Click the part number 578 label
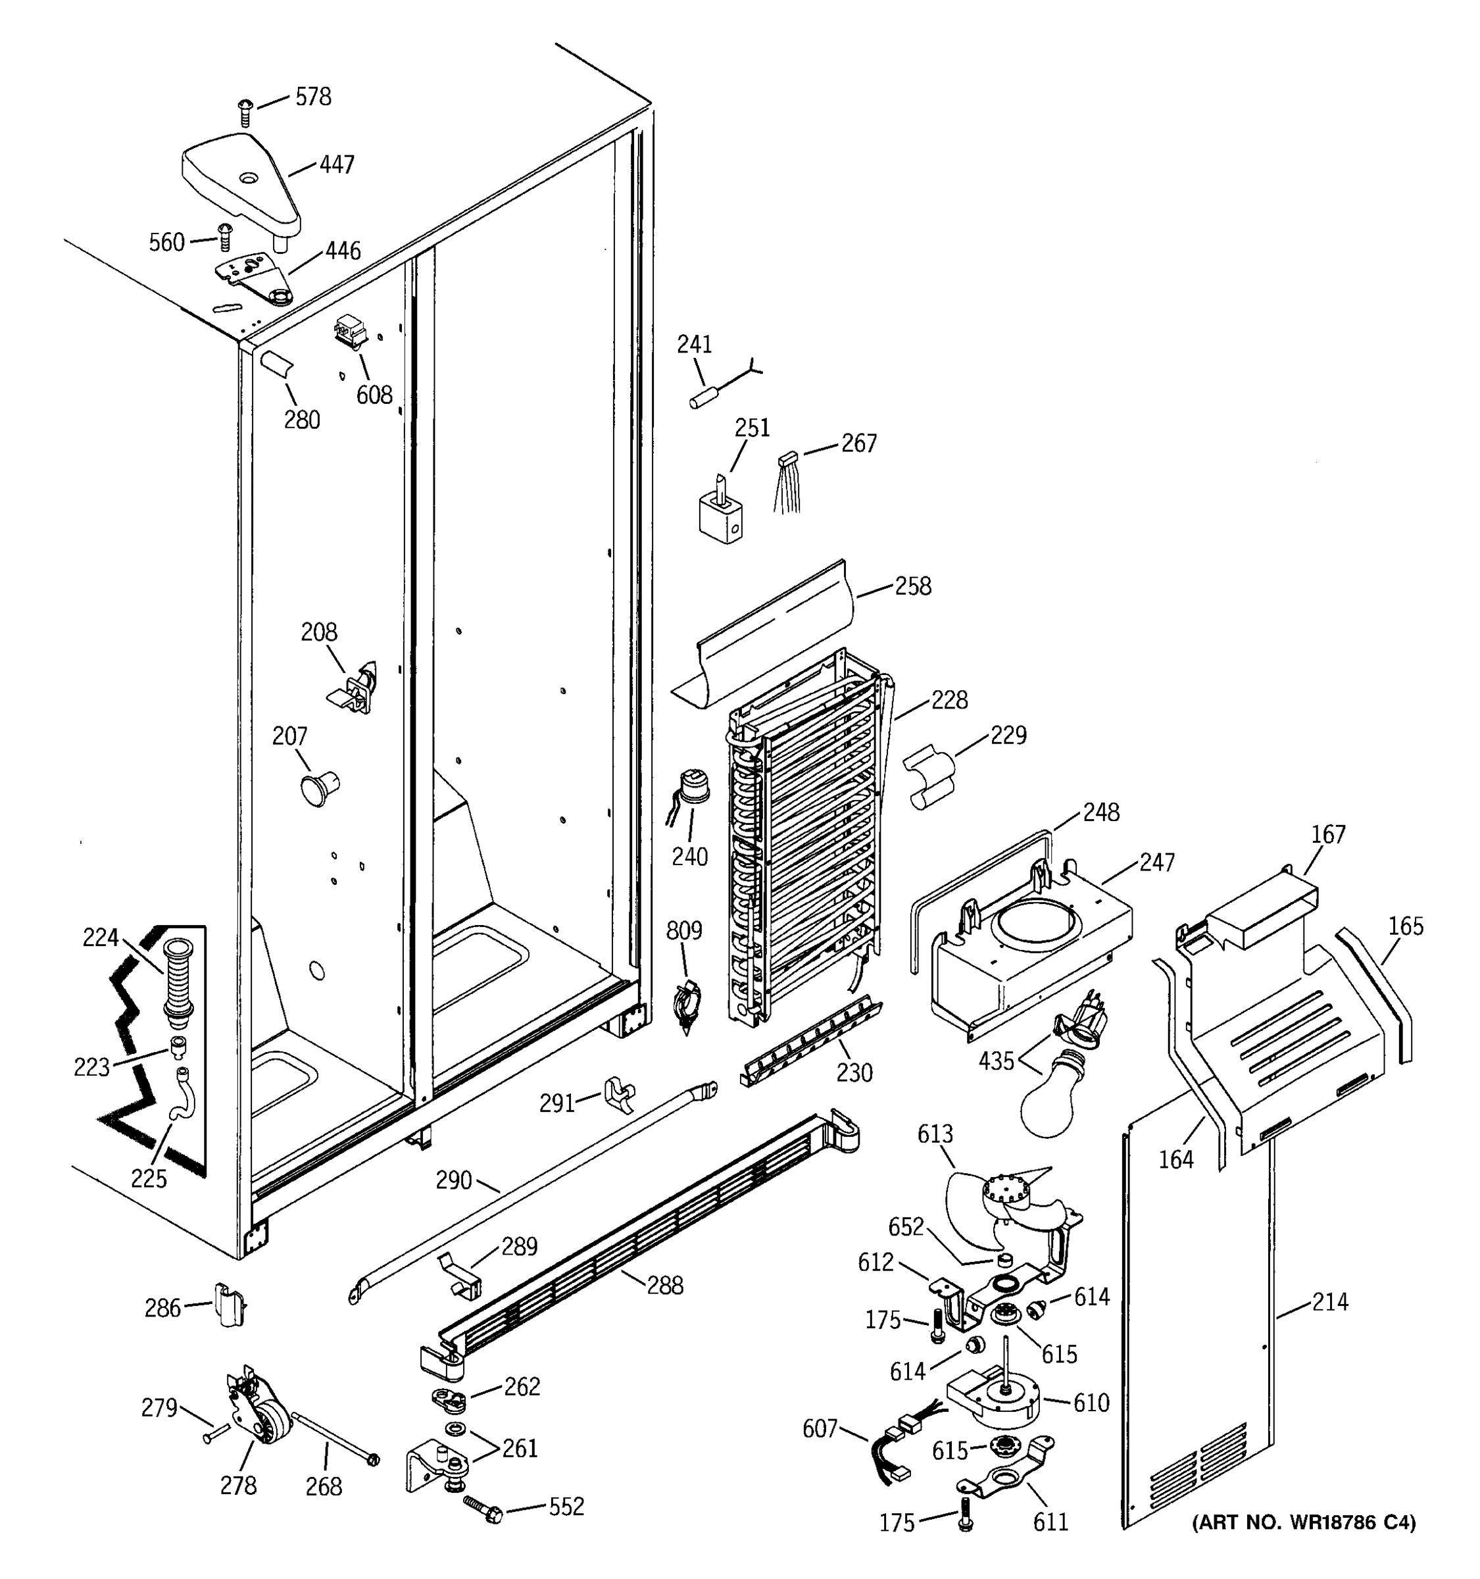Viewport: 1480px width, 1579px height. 313,97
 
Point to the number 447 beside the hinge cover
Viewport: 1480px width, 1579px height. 337,165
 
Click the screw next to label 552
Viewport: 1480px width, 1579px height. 480,1507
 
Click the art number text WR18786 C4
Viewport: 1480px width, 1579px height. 1304,1522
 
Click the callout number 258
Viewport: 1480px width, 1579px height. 912,586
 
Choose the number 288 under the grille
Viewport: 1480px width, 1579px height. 664,1285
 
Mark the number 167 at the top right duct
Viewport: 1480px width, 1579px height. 1327,835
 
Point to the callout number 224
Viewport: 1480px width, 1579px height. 100,938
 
